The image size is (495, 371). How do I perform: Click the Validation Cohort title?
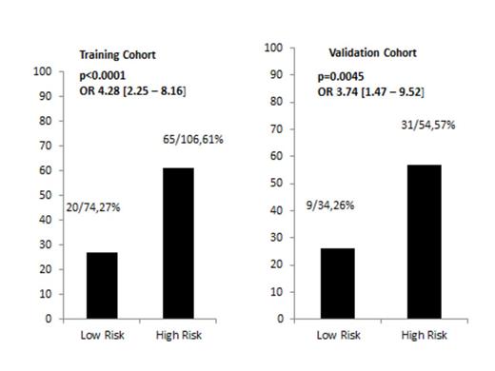point(366,53)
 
